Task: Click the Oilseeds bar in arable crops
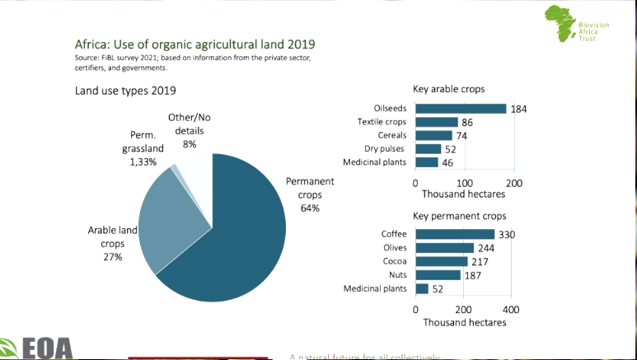click(461, 109)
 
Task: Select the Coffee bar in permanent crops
click(455, 234)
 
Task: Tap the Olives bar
click(445, 248)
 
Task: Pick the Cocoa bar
click(442, 261)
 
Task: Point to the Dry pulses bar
click(429, 149)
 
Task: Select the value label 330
click(507, 235)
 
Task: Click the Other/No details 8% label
click(190, 131)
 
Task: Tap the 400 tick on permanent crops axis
click(511, 309)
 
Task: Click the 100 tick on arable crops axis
click(465, 182)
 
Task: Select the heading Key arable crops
click(448, 89)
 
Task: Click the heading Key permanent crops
click(458, 216)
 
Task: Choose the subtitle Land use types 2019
click(125, 90)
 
